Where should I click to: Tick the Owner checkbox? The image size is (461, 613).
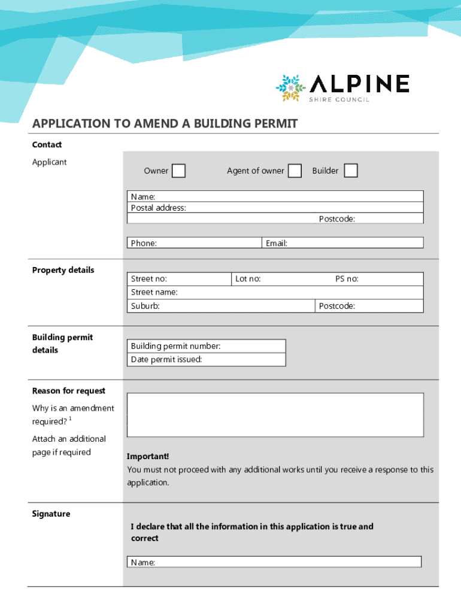point(178,171)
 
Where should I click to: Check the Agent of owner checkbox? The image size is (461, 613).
point(295,171)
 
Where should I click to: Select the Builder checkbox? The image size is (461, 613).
point(351,171)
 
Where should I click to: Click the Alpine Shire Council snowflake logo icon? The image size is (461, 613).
point(290,88)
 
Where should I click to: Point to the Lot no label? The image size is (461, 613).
point(248,279)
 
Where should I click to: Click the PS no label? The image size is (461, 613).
point(347,279)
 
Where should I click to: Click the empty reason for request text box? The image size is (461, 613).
point(275,414)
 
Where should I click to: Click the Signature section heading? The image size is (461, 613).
point(51,514)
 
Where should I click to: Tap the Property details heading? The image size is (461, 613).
point(63,270)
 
